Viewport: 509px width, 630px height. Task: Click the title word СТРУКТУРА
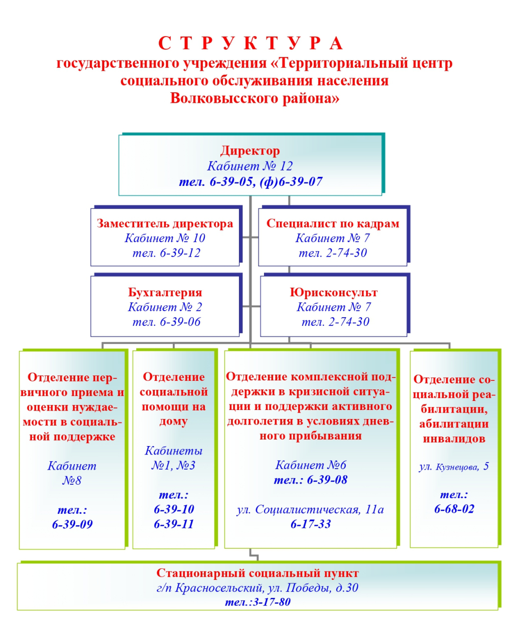250,44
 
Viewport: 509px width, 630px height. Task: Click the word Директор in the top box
250,151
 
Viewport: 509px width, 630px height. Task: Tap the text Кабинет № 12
250,166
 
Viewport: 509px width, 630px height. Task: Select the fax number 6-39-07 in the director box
301,181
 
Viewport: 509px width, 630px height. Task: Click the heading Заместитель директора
165,224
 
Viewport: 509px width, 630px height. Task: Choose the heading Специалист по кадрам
333,224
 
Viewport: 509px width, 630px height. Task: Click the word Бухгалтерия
165,292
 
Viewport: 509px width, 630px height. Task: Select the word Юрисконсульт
334,292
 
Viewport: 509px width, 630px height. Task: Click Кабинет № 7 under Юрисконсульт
334,307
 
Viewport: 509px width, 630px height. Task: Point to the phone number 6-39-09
72,525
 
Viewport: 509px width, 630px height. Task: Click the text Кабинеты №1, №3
173,458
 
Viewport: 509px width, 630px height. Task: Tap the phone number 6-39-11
173,524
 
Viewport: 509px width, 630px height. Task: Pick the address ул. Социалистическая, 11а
310,510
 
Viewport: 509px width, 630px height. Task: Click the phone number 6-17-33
311,524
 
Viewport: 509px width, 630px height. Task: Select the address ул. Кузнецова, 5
453,467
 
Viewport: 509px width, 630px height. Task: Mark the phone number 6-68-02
454,509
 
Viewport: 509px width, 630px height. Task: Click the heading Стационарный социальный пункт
257,573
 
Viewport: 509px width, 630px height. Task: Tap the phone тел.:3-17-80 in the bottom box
258,602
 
